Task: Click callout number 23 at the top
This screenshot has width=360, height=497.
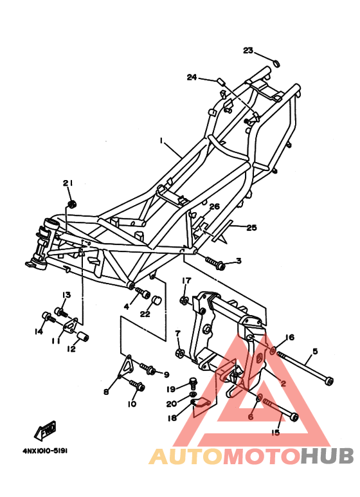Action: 248,51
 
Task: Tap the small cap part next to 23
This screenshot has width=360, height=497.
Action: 276,63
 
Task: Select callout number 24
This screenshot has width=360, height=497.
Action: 192,78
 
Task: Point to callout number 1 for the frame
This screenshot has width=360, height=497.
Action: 163,140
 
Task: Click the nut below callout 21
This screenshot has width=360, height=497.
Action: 73,204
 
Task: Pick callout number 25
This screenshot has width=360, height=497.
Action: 251,228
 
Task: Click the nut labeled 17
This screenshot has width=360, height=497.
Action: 183,300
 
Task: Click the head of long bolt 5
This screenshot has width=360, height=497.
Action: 329,381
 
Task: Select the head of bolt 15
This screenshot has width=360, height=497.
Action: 294,417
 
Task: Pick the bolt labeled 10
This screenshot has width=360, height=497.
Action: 139,386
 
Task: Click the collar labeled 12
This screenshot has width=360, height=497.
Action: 83,338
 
